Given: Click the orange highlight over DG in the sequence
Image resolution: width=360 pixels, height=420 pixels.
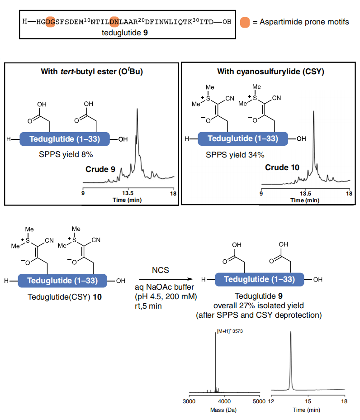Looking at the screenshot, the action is point(50,22).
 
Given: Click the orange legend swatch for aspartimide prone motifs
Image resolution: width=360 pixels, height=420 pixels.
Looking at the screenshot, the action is point(245,22).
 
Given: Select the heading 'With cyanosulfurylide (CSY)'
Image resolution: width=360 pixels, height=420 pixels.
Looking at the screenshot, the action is point(270,72).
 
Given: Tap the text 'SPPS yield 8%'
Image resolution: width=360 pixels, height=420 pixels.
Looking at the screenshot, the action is point(66,154).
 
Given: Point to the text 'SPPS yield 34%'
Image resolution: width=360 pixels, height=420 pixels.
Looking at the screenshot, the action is point(235,155).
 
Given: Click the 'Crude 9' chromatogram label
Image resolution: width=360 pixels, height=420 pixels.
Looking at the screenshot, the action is point(100,169).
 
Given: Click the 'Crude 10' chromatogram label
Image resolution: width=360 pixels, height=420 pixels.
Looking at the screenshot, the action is point(282,167).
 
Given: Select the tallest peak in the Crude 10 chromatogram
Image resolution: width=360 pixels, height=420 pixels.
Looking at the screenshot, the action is point(313,111).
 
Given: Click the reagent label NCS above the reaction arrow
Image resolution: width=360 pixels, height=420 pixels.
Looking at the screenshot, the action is point(161,270).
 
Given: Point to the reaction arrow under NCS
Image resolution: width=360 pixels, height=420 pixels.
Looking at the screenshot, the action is point(166,279).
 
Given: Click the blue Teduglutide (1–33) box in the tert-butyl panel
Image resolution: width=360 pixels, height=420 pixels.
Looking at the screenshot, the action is point(65,139).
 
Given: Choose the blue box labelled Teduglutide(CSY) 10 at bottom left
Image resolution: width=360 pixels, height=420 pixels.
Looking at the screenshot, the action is point(62,281).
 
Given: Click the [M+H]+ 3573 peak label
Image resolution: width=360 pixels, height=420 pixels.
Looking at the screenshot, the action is point(230,331).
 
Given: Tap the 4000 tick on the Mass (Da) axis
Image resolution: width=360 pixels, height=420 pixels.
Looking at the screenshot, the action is point(224,396).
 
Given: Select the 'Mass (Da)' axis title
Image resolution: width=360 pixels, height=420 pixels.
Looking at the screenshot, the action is point(223,410).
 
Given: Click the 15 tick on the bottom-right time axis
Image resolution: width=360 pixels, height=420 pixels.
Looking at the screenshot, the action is point(308,396).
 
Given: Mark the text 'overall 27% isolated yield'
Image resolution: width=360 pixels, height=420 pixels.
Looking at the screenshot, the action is point(259,305).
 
